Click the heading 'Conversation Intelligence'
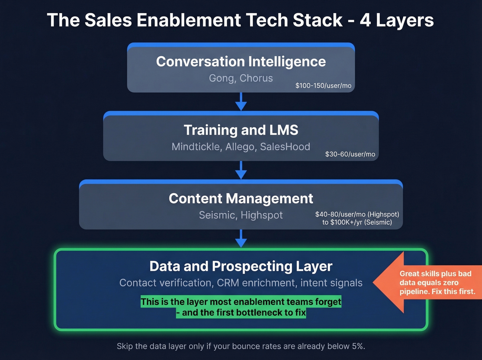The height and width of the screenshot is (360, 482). [241, 62]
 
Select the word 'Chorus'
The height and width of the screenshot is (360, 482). [256, 78]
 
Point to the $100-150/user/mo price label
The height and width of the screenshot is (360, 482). [323, 85]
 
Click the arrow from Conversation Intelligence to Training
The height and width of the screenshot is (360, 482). [241, 102]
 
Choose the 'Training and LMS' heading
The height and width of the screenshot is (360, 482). [241, 130]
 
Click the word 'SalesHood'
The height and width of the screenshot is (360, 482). [285, 147]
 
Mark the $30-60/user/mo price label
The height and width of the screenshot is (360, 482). [350, 154]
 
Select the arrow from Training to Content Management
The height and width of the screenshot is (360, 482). [241, 171]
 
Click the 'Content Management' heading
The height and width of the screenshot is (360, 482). [241, 198]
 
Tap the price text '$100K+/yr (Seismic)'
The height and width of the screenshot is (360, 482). [361, 222]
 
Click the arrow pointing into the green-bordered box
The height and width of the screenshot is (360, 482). [241, 239]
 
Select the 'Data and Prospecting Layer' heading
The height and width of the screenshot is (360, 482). [241, 266]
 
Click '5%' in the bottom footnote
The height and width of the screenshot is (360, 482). [358, 346]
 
